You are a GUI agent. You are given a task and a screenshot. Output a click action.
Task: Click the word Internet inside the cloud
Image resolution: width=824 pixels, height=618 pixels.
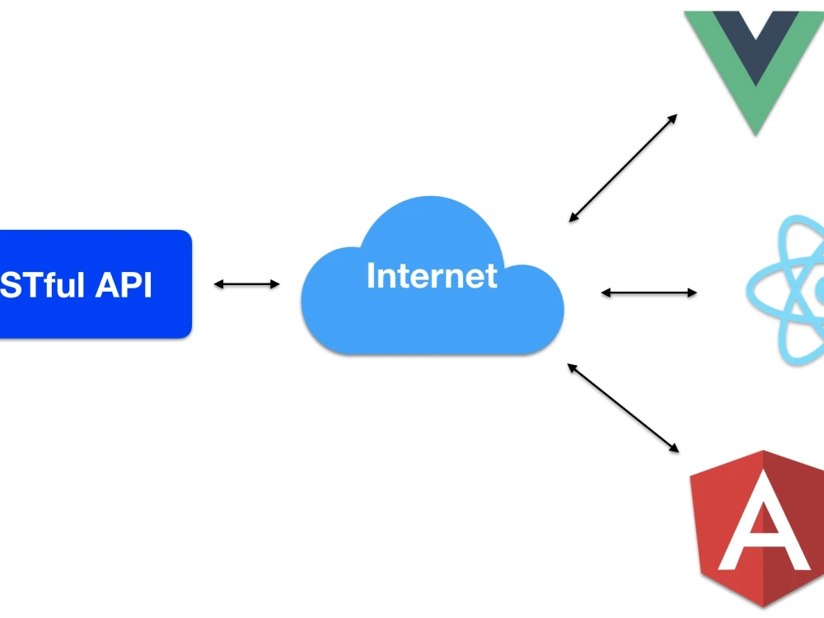(432, 276)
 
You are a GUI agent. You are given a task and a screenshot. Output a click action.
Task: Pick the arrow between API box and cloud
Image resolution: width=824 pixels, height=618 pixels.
(247, 284)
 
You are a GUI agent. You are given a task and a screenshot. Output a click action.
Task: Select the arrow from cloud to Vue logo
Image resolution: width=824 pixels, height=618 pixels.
(623, 168)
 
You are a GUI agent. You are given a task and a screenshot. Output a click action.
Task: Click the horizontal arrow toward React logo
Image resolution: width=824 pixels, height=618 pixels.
(649, 293)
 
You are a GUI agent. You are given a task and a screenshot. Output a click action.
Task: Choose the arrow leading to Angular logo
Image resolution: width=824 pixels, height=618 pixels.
(623, 408)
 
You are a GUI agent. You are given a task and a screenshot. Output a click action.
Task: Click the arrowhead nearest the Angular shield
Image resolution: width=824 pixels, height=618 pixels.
(673, 447)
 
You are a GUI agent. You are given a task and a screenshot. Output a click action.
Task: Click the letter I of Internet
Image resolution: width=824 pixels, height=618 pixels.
(371, 276)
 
